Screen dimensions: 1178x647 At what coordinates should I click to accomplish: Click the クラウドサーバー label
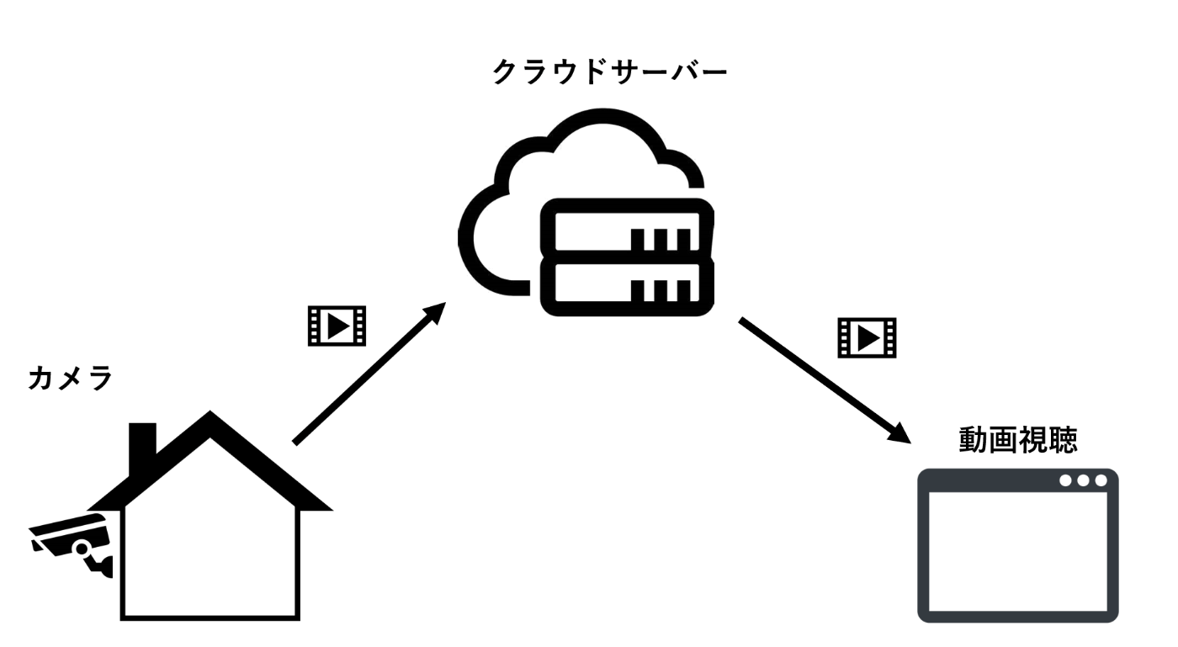click(610, 72)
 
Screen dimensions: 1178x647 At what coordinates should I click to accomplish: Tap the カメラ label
click(71, 379)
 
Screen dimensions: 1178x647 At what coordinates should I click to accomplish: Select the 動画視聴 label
click(1018, 440)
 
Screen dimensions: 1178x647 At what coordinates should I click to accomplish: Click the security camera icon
click(71, 545)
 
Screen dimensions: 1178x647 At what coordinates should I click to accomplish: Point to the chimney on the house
click(142, 447)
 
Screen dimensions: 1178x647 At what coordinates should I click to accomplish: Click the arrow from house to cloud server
click(369, 374)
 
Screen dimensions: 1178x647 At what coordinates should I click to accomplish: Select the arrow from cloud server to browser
click(825, 380)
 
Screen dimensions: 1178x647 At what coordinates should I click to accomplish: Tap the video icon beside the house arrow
click(337, 326)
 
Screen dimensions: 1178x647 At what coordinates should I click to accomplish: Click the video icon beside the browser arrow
click(867, 337)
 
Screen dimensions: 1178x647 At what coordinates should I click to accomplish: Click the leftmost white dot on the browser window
click(1065, 480)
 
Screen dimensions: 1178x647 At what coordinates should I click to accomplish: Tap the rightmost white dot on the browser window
click(1101, 480)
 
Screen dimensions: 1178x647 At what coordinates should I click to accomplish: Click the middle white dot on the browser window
click(1084, 480)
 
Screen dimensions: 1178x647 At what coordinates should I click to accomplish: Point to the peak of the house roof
click(210, 411)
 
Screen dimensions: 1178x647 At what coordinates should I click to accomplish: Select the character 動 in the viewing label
click(974, 440)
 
